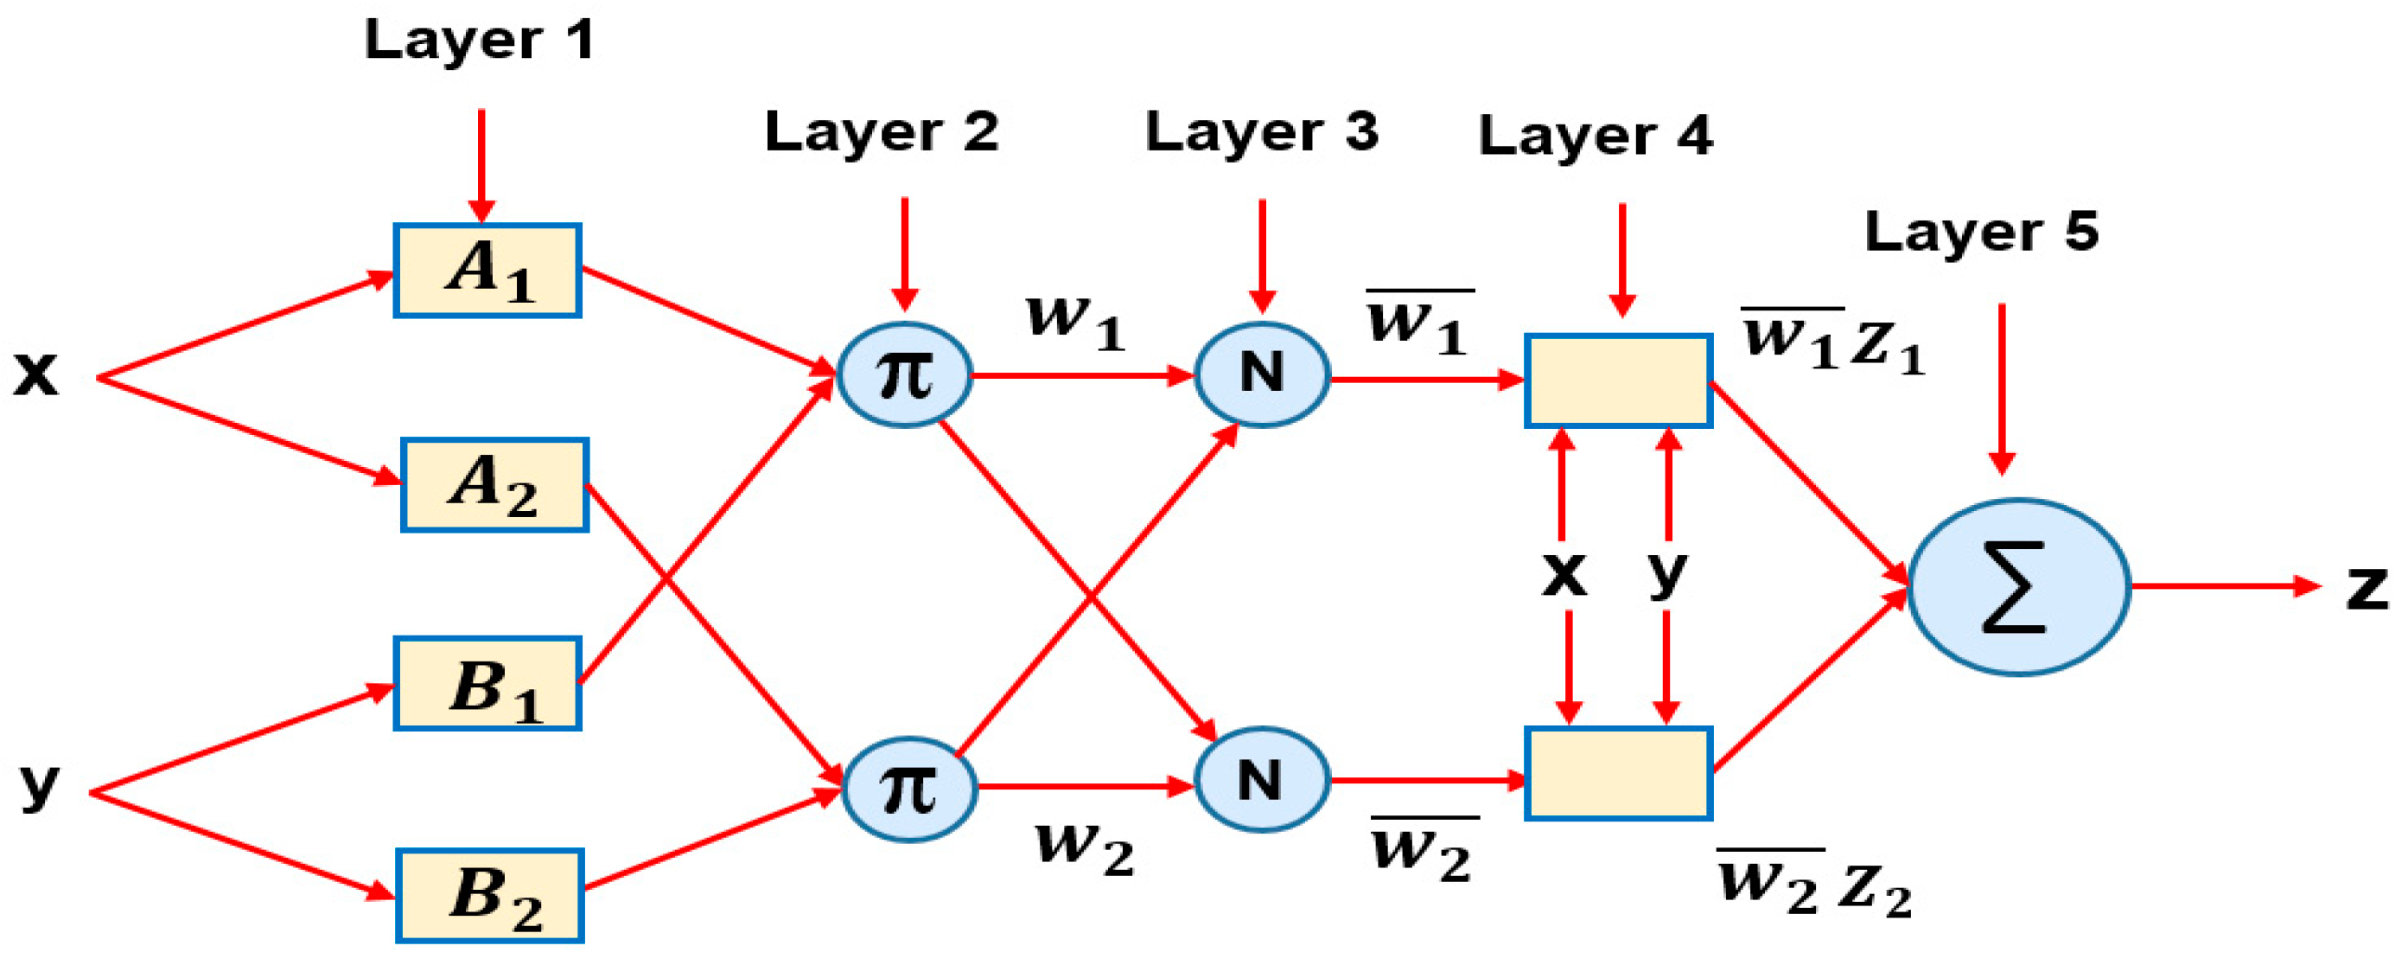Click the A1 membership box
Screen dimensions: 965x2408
point(487,271)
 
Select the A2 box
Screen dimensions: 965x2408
point(494,484)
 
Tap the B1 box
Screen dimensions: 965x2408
point(487,683)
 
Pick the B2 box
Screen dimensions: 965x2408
point(490,895)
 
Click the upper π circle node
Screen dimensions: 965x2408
point(904,375)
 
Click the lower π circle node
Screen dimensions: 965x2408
point(908,789)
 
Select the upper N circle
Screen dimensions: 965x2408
point(1262,375)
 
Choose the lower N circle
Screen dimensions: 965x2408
point(1262,779)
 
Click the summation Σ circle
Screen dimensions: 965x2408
point(2018,586)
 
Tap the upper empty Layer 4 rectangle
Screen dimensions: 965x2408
point(1618,380)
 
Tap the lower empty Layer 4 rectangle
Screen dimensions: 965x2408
point(1618,773)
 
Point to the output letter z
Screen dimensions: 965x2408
point(2366,589)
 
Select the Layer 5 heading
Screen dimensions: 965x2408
point(1981,232)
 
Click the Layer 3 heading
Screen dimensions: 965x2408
point(1262,131)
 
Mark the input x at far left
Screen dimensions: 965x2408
point(35,374)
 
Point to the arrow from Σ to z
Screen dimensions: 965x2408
point(2225,586)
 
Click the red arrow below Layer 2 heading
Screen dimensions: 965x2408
point(904,252)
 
